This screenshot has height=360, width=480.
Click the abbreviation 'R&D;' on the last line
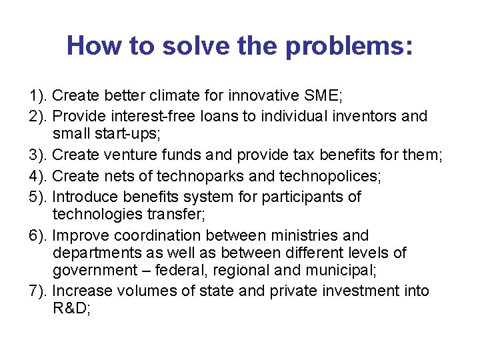pos(70,309)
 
